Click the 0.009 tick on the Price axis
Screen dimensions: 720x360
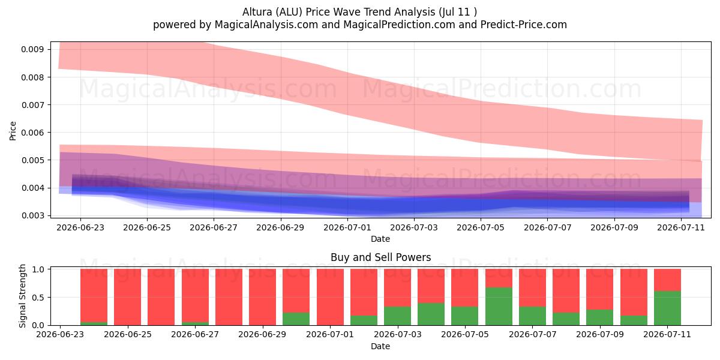click(x=32, y=49)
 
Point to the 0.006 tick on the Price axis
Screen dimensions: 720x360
click(x=32, y=133)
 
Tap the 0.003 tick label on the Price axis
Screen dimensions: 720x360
click(x=32, y=215)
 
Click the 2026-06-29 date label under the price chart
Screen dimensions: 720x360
click(x=280, y=227)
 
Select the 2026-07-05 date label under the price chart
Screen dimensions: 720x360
click(x=481, y=227)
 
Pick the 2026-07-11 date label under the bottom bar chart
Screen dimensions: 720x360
click(x=667, y=334)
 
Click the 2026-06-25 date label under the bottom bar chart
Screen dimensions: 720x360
click(x=128, y=334)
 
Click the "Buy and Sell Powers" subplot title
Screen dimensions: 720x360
click(x=380, y=257)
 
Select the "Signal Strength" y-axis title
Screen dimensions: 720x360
click(x=22, y=296)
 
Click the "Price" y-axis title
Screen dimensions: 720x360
click(x=13, y=131)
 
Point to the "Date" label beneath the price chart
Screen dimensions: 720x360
click(x=380, y=239)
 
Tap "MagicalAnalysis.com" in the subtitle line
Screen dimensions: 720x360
click(x=266, y=25)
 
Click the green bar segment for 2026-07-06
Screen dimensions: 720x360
click(x=499, y=307)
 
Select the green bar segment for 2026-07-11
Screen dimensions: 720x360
click(x=667, y=308)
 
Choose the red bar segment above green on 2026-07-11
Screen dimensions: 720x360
click(x=667, y=280)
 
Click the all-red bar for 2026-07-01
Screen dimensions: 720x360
click(x=330, y=297)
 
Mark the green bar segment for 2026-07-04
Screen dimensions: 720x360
click(x=431, y=314)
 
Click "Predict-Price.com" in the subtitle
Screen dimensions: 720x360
click(x=524, y=25)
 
